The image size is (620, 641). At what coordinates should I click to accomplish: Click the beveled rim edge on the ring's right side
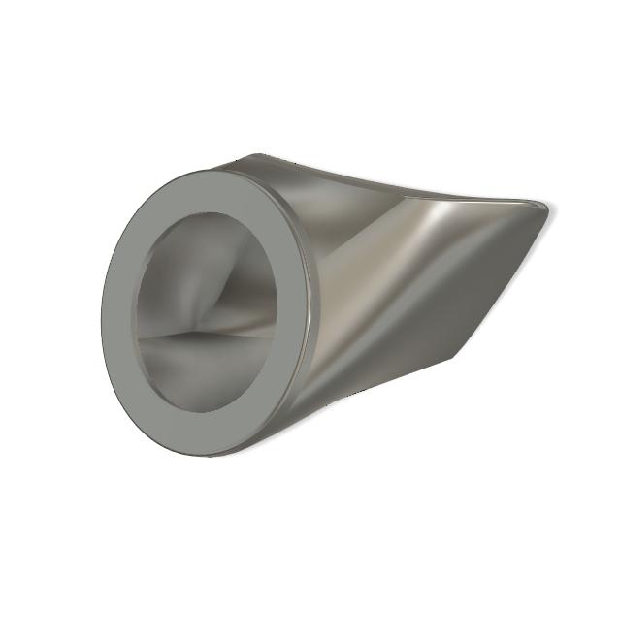(x=309, y=310)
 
